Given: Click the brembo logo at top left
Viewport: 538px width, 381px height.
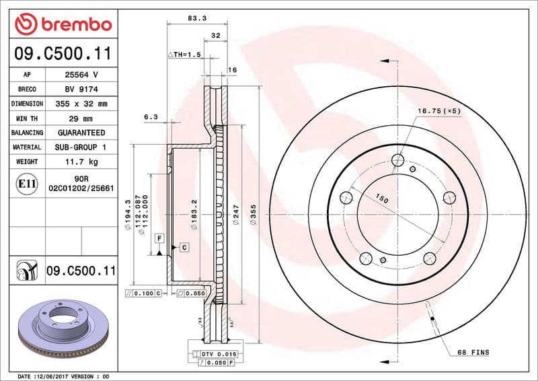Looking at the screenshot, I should tap(62, 25).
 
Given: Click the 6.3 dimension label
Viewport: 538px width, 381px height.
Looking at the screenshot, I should tap(151, 116).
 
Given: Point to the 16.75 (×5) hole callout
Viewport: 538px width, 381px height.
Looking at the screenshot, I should tap(438, 111).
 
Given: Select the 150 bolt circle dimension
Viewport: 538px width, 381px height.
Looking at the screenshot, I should tap(383, 200).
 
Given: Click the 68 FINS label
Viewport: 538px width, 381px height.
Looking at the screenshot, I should tap(475, 353).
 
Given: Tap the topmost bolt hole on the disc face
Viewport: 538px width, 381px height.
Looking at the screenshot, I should tap(397, 160).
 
